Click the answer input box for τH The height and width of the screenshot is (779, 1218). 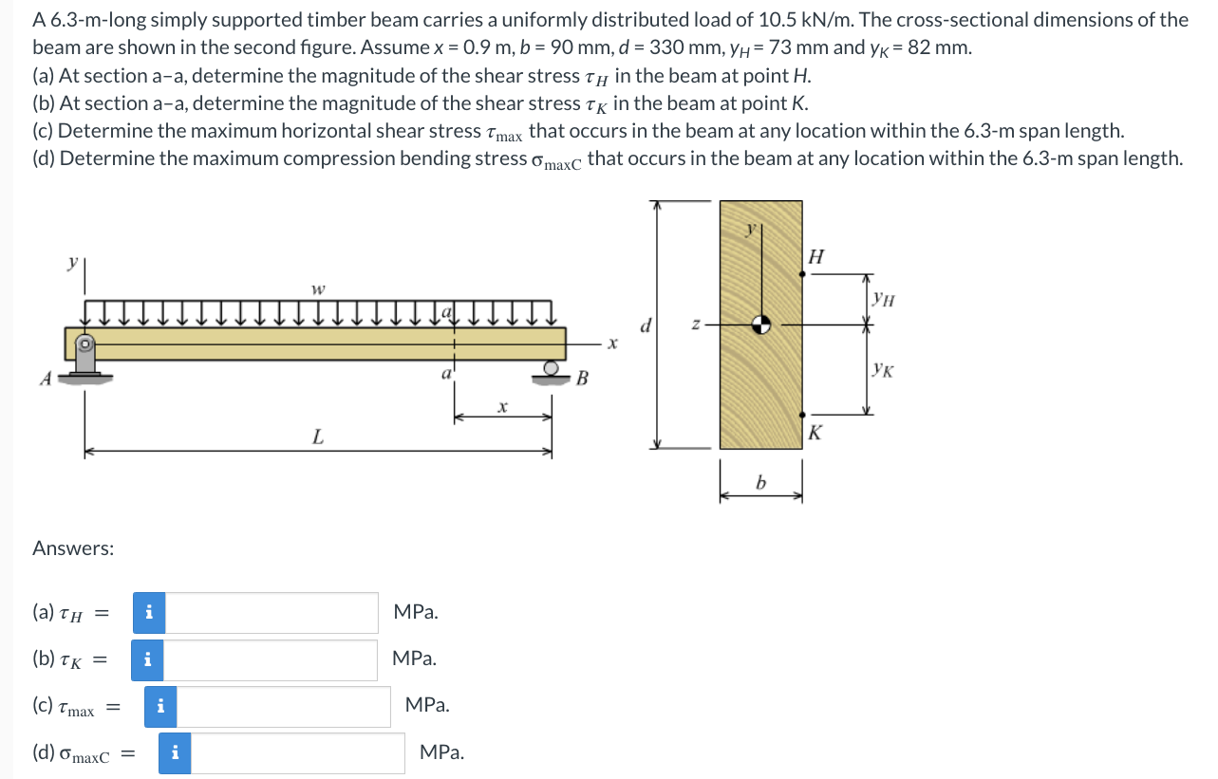(x=272, y=613)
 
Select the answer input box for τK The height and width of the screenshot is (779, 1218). (x=272, y=659)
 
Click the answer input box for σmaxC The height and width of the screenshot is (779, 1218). (x=298, y=753)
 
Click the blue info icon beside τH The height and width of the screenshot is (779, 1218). (x=148, y=613)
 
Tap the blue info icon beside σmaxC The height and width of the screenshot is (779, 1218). (x=175, y=753)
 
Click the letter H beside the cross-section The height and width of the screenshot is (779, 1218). (x=815, y=256)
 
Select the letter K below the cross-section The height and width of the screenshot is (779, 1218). (x=815, y=435)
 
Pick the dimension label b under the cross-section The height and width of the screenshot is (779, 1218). (x=760, y=485)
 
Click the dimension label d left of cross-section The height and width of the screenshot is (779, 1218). (x=646, y=325)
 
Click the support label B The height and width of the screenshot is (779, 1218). (x=583, y=380)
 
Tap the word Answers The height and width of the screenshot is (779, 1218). (x=73, y=548)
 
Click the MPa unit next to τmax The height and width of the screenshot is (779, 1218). (x=427, y=705)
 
